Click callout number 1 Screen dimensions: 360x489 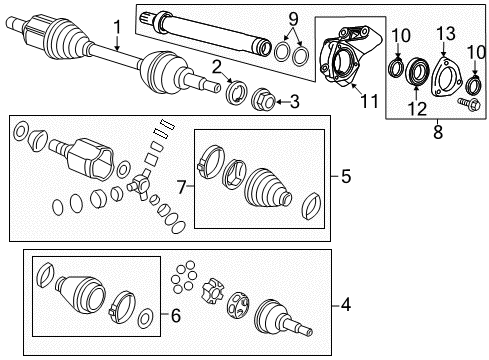118,26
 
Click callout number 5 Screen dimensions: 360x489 345,177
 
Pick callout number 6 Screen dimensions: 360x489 176,315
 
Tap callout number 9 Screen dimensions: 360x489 293,18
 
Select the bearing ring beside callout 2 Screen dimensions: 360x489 240,94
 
